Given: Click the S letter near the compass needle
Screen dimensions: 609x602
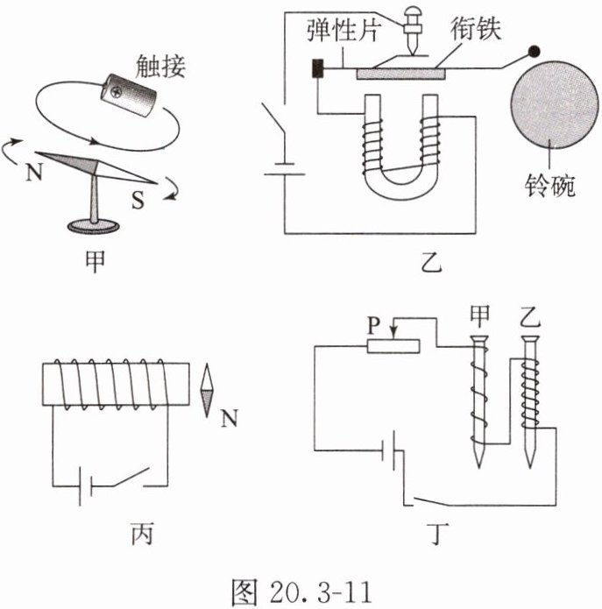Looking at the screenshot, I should pyautogui.click(x=138, y=201).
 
